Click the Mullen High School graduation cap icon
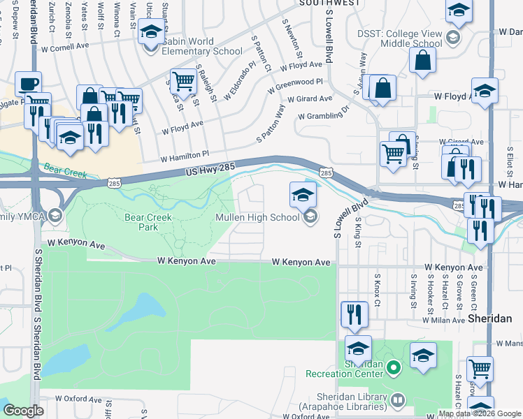(303, 196)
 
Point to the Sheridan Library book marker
(398, 399)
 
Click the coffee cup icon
(28, 84)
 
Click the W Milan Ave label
(444, 319)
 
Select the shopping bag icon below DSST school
(423, 61)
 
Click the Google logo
(24, 411)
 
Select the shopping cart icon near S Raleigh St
(182, 81)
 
